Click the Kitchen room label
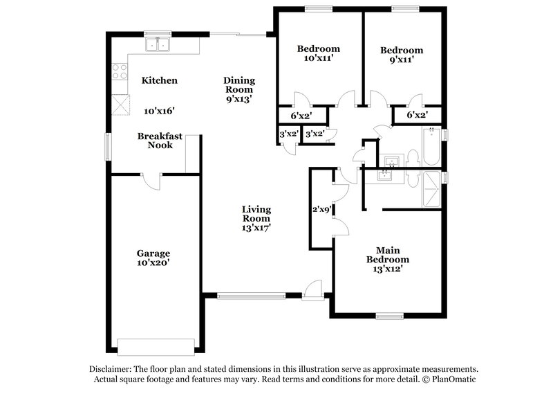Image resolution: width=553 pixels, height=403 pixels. (x=160, y=80)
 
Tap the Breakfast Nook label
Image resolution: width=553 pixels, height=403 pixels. (x=160, y=141)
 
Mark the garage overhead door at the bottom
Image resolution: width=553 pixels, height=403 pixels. (x=156, y=346)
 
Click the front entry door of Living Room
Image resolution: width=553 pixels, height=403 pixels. (x=313, y=289)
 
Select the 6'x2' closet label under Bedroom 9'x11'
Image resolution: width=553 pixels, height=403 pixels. (x=417, y=115)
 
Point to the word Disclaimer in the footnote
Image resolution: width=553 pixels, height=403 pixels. (x=113, y=369)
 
